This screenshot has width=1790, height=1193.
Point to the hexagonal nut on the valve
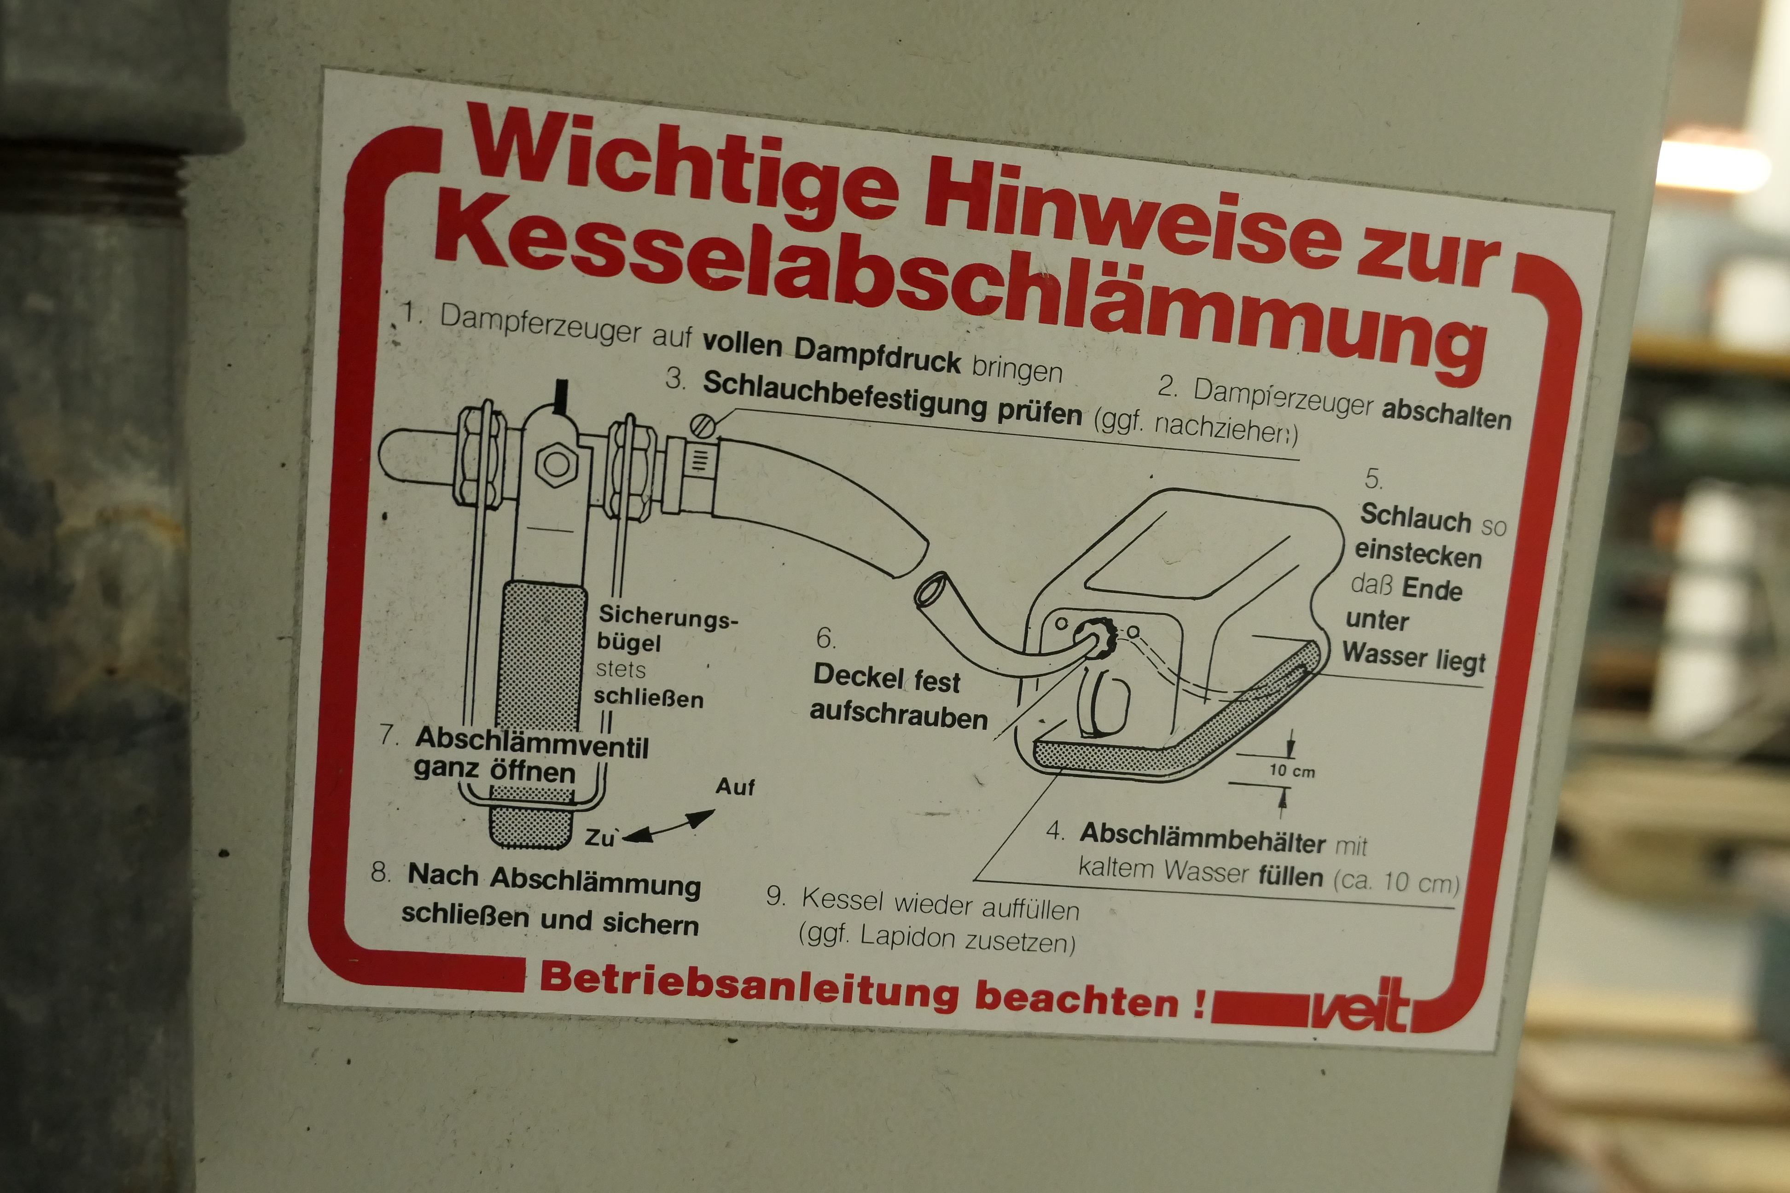[x=556, y=463]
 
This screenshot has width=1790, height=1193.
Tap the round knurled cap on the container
[x=1095, y=637]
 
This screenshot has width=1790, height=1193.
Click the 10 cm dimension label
[x=1291, y=771]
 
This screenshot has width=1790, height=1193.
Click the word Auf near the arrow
[x=734, y=786]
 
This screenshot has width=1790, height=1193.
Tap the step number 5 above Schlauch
[x=1373, y=479]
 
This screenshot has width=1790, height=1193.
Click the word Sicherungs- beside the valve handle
[x=668, y=616]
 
